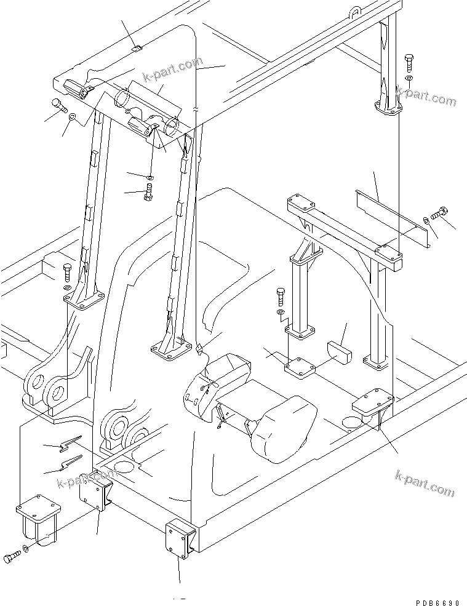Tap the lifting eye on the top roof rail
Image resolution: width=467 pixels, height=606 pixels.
pyautogui.click(x=356, y=11)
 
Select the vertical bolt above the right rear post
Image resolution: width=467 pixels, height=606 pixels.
pyautogui.click(x=409, y=63)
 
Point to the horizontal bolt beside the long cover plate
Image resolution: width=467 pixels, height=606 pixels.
pyautogui.click(x=439, y=214)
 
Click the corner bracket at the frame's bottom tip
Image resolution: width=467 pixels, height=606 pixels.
pyautogui.click(x=180, y=538)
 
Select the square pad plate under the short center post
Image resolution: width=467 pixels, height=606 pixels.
pyautogui.click(x=300, y=367)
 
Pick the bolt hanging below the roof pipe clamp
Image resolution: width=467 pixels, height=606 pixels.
pyautogui.click(x=148, y=193)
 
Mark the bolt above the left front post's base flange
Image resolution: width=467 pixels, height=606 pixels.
pyautogui.click(x=68, y=271)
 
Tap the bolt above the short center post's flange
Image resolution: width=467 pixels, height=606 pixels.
pyautogui.click(x=281, y=297)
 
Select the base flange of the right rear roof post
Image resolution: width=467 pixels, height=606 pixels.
pyautogui.click(x=388, y=110)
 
